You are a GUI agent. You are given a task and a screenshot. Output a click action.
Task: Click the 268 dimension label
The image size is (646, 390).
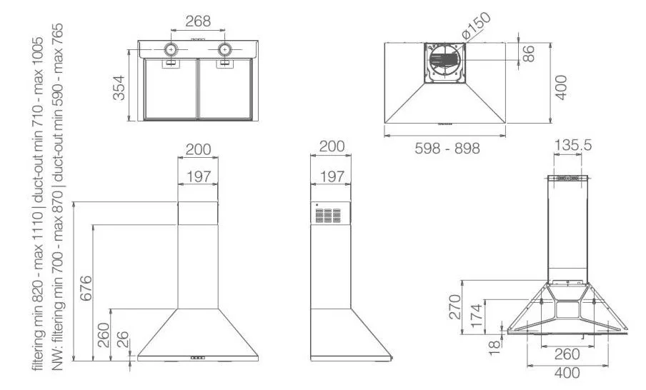pos(198,21)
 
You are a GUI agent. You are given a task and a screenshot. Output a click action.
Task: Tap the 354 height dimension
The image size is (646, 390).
pos(119,87)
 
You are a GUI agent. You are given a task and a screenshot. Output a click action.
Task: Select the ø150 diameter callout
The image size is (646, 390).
pos(476,26)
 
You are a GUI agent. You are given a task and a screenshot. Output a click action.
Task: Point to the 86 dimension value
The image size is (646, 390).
pos(528,54)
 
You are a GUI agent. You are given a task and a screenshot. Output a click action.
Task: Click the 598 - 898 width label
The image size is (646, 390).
pos(447,149)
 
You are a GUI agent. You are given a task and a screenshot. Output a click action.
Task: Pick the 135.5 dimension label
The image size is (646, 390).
pos(572,145)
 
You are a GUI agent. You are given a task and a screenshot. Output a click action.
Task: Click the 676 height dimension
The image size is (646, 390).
pos(86,289)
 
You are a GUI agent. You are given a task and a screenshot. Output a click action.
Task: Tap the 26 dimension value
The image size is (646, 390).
pos(122,340)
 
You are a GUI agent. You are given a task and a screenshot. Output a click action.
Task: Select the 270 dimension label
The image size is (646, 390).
pos(454,306)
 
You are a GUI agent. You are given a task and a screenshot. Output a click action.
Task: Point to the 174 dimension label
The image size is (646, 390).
pos(476,316)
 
